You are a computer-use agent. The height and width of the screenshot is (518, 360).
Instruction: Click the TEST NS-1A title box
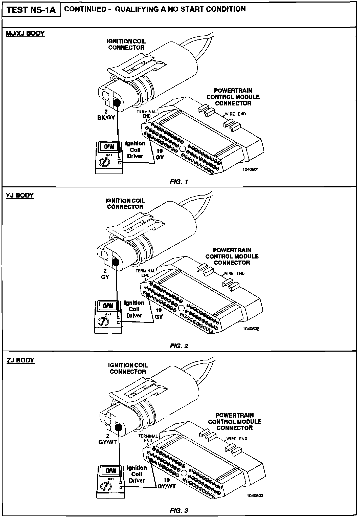click(31, 10)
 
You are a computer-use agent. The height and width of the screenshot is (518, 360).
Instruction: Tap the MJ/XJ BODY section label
click(25, 33)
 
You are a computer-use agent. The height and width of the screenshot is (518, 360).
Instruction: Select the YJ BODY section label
click(20, 196)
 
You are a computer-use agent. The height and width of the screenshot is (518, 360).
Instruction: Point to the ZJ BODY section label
click(20, 360)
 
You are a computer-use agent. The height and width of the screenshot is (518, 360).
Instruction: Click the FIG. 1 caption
click(179, 182)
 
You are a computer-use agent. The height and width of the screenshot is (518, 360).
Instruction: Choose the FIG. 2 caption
click(179, 346)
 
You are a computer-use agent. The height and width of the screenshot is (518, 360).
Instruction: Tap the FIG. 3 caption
click(179, 510)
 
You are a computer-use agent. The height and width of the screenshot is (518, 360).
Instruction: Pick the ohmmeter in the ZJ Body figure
click(111, 482)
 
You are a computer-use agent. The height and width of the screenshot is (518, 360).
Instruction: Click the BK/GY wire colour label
click(106, 117)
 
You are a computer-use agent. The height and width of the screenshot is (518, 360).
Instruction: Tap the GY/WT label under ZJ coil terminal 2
click(107, 442)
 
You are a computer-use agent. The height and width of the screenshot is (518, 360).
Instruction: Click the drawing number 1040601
click(250, 169)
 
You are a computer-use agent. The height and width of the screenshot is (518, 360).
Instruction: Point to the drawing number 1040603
click(255, 496)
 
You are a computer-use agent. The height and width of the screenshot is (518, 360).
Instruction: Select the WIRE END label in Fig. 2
click(234, 273)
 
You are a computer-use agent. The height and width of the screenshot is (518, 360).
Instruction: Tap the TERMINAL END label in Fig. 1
click(147, 114)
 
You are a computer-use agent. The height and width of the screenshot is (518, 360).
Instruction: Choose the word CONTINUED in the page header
click(85, 9)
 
